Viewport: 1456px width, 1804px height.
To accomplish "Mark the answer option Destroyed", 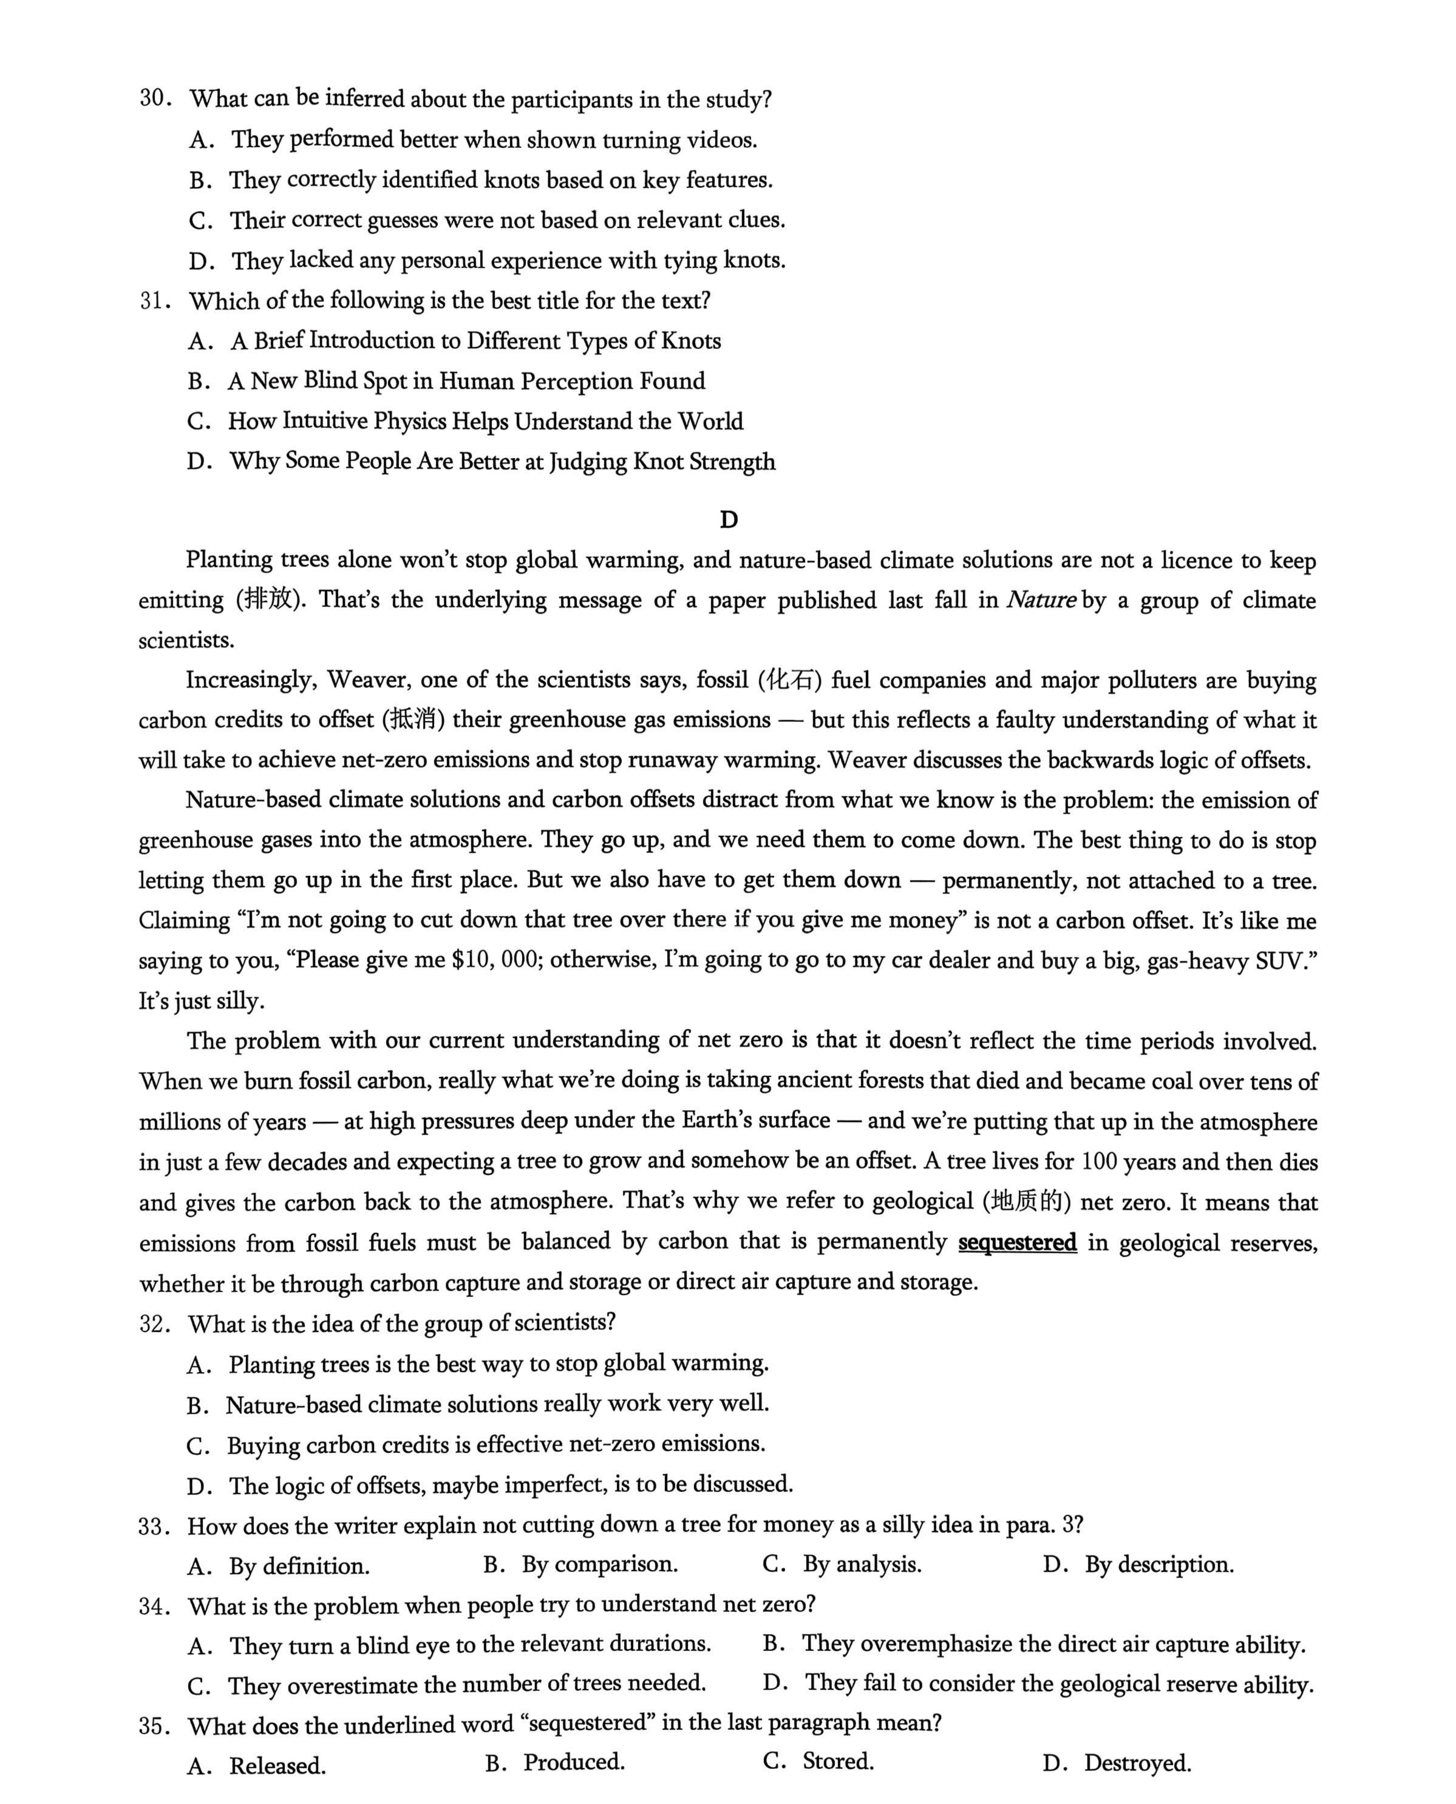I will pyautogui.click(x=1137, y=1762).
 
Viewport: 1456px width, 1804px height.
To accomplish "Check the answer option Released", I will pyautogui.click(x=277, y=1765).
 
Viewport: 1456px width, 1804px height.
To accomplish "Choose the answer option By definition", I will pyautogui.click(x=299, y=1566).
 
